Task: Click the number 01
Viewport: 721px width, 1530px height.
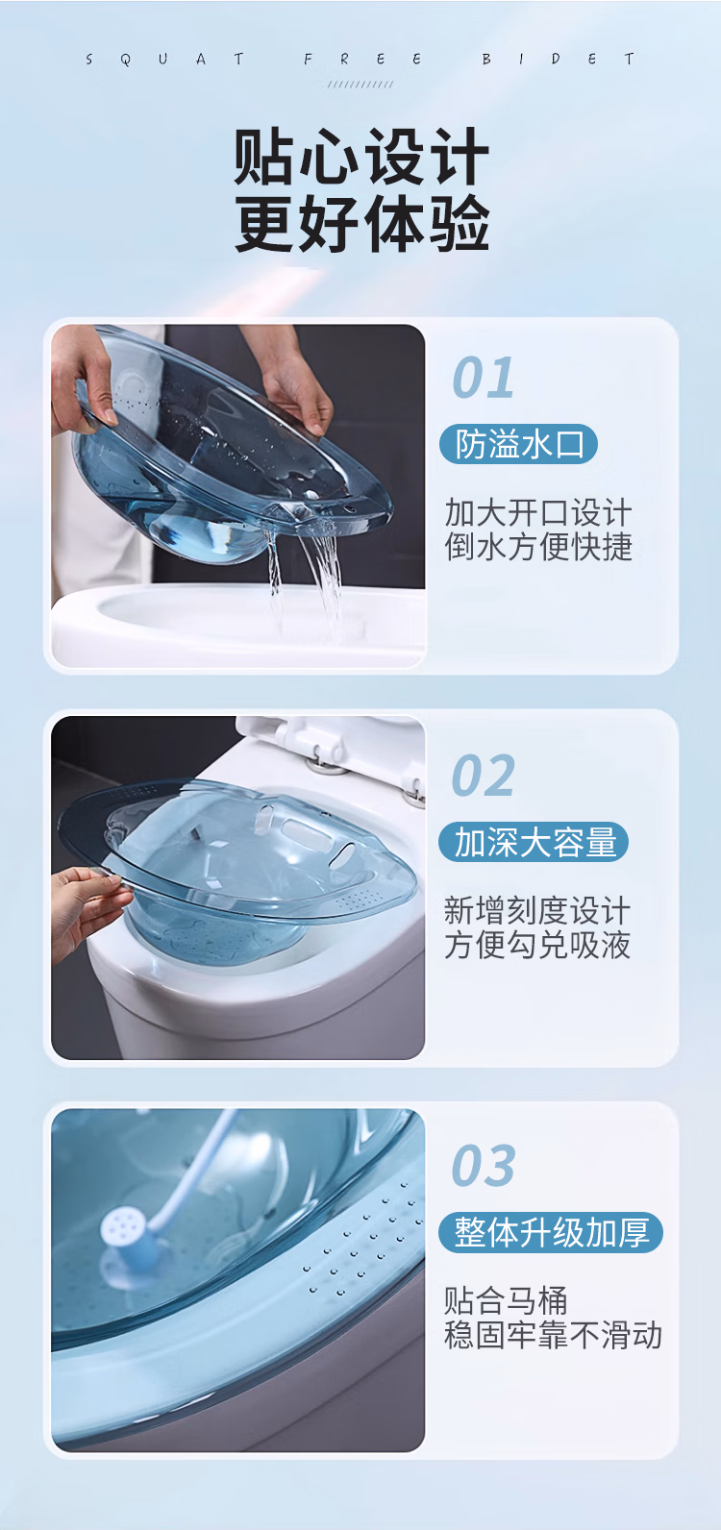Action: coord(484,377)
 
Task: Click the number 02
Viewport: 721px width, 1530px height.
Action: coord(484,776)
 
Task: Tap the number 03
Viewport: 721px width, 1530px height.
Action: coord(484,1165)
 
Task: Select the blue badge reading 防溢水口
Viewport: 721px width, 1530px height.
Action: coord(519,445)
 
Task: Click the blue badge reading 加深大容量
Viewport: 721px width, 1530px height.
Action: coord(534,842)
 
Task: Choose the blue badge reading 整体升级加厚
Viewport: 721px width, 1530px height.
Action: coord(551,1232)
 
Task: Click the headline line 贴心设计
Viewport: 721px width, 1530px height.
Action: coord(361,157)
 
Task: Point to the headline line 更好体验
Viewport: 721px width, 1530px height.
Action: coord(361,223)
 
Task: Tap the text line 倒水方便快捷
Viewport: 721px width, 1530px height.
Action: coord(538,547)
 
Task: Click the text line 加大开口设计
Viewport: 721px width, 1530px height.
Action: coord(538,513)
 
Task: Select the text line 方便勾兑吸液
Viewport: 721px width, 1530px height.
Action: coord(537,945)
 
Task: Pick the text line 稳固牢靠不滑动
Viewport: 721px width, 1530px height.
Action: coord(553,1335)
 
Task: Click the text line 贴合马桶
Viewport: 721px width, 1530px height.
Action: coord(506,1300)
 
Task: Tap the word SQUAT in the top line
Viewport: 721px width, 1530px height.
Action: coord(164,60)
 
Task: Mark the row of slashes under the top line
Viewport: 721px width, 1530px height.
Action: coord(360,84)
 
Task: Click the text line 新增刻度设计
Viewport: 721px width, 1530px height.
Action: coord(537,910)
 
